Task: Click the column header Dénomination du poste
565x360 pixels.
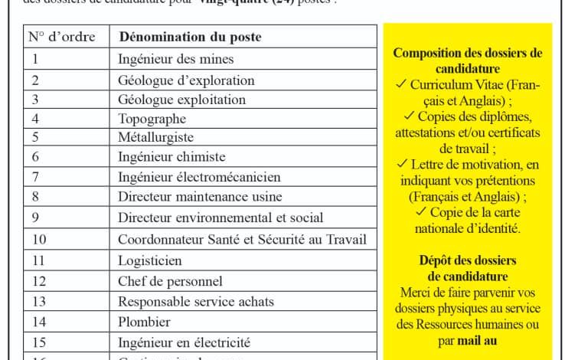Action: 189,37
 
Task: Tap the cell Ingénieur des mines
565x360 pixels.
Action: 175,59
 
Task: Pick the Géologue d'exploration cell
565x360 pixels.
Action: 186,80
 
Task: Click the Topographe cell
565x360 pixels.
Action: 152,119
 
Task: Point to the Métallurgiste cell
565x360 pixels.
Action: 155,138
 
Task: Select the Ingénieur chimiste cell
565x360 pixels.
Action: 171,157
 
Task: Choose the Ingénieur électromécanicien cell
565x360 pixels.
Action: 199,177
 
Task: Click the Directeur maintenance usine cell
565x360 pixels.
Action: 200,197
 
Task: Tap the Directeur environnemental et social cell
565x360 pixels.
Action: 220,218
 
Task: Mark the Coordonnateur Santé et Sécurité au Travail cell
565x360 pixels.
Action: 242,239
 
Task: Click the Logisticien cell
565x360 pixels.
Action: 150,260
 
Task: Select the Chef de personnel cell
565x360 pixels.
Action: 170,281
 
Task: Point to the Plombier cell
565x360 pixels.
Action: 144,322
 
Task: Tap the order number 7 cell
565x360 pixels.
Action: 35,177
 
